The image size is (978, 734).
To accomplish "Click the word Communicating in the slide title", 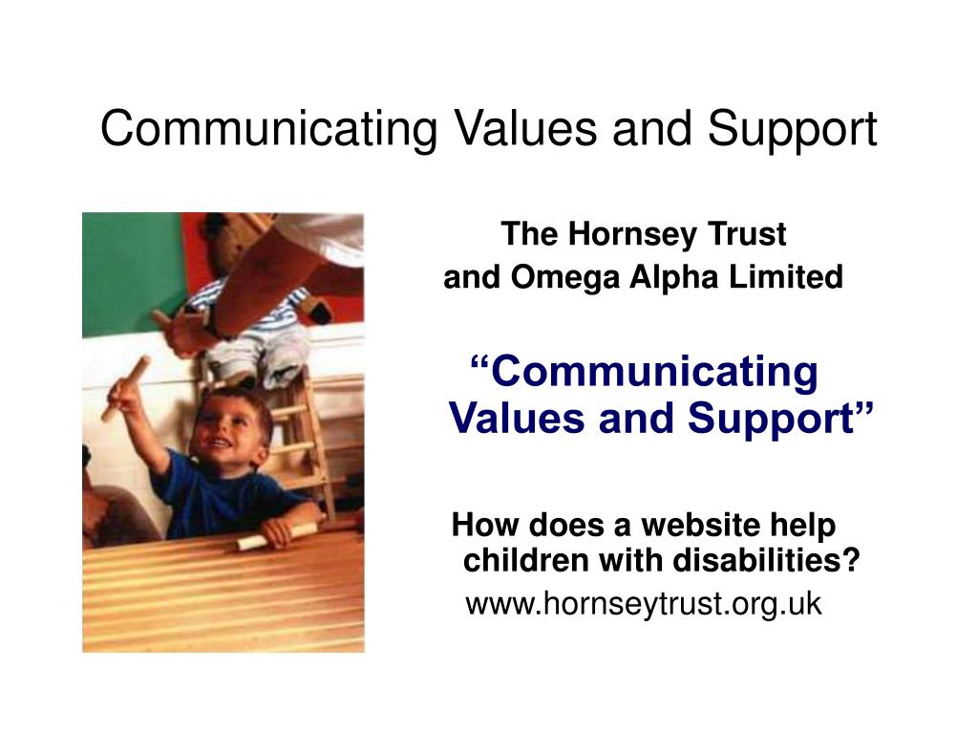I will click(x=268, y=129).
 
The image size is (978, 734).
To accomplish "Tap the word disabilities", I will click(x=764, y=561).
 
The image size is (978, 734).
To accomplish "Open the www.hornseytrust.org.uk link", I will click(x=643, y=604).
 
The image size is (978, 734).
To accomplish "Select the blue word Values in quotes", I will click(x=517, y=418).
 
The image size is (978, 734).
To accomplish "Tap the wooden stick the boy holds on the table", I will click(x=277, y=535).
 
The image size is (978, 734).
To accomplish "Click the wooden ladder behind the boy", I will click(x=296, y=430).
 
